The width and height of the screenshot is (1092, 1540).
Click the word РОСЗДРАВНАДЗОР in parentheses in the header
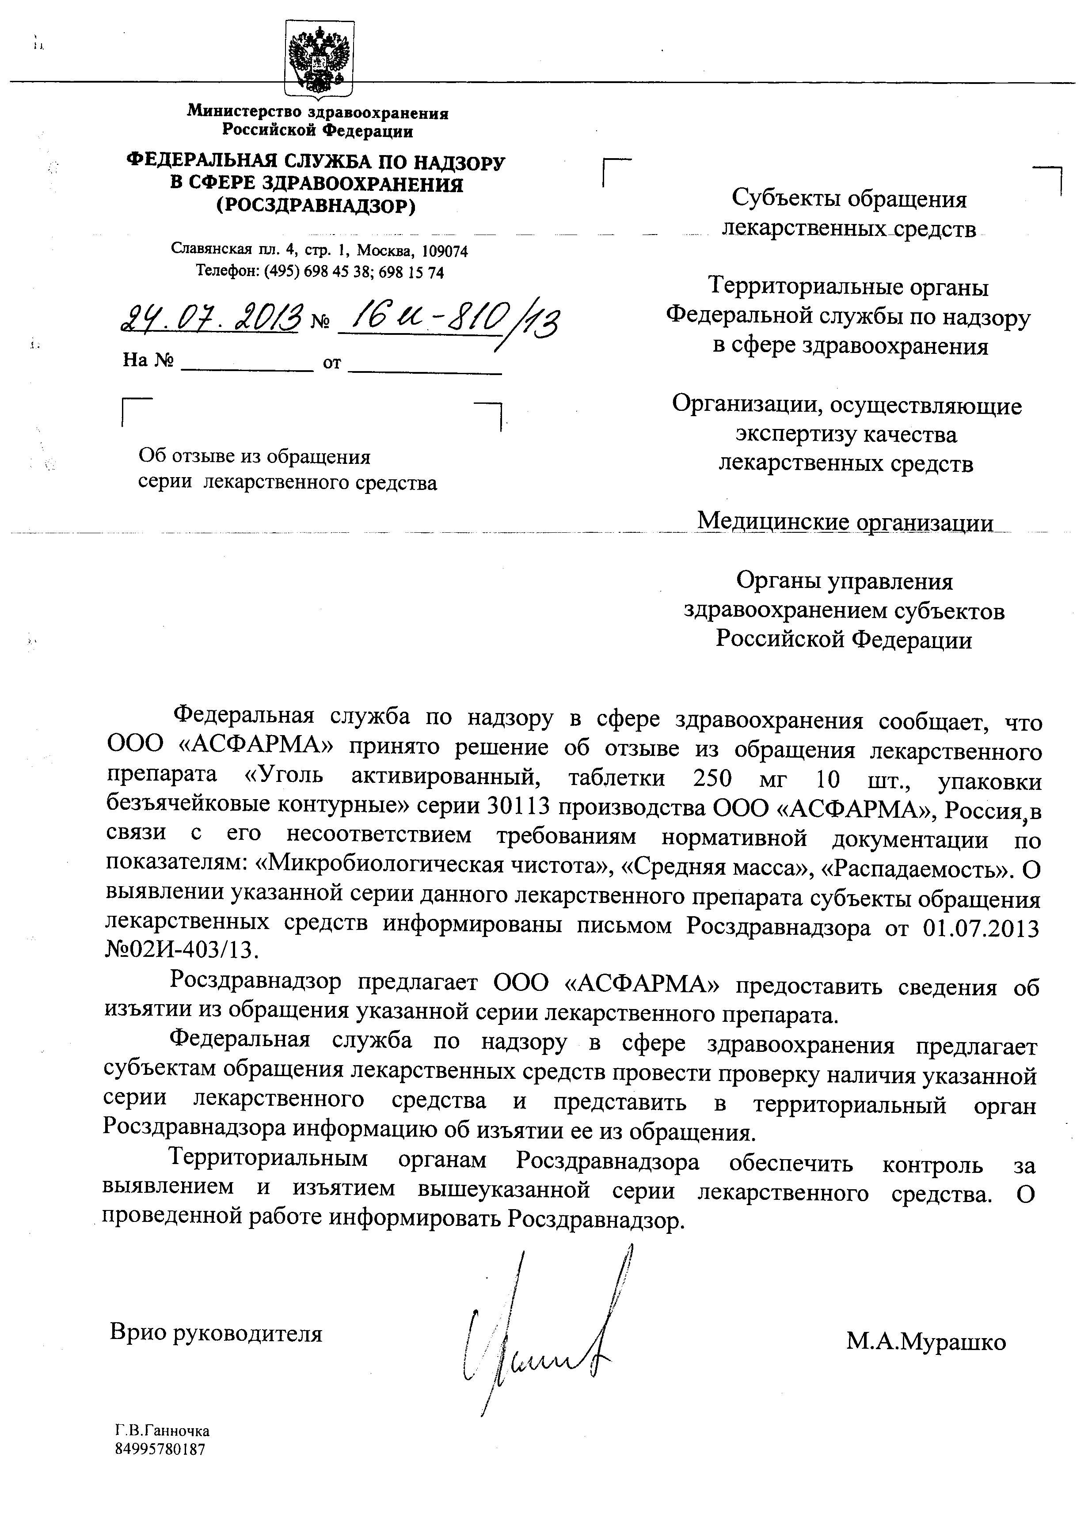click(316, 206)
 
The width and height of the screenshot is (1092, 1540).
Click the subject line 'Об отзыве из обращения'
click(254, 457)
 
